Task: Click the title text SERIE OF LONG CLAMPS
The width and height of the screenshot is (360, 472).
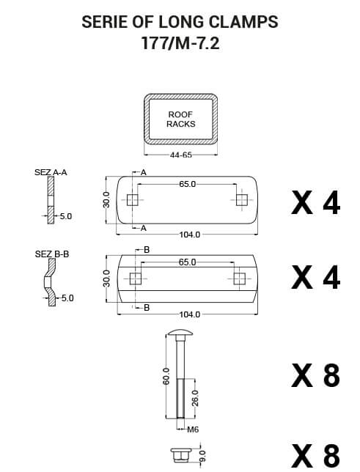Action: pyautogui.click(x=180, y=22)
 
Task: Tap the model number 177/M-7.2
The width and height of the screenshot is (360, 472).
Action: pyautogui.click(x=180, y=43)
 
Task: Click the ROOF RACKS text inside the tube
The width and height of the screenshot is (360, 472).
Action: pyautogui.click(x=180, y=119)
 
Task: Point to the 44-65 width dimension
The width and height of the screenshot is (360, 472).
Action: pyautogui.click(x=180, y=155)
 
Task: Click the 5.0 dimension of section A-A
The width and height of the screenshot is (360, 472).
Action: pyautogui.click(x=65, y=217)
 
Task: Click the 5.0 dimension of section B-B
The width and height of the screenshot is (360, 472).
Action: pyautogui.click(x=67, y=298)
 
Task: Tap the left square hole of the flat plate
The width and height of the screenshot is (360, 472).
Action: pyautogui.click(x=133, y=200)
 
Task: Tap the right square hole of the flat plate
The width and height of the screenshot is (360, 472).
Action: pyautogui.click(x=240, y=200)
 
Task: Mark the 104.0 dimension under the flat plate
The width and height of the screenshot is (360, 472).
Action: pyautogui.click(x=189, y=235)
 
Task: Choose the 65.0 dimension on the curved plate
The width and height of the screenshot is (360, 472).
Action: pyautogui.click(x=187, y=262)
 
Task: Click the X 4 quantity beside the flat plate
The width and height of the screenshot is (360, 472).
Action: pyautogui.click(x=315, y=202)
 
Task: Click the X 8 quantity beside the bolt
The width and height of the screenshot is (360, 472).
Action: pyautogui.click(x=315, y=375)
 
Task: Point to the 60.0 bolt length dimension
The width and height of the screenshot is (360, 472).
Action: pyautogui.click(x=166, y=376)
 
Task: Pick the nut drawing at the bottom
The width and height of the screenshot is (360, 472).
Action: pyautogui.click(x=180, y=454)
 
